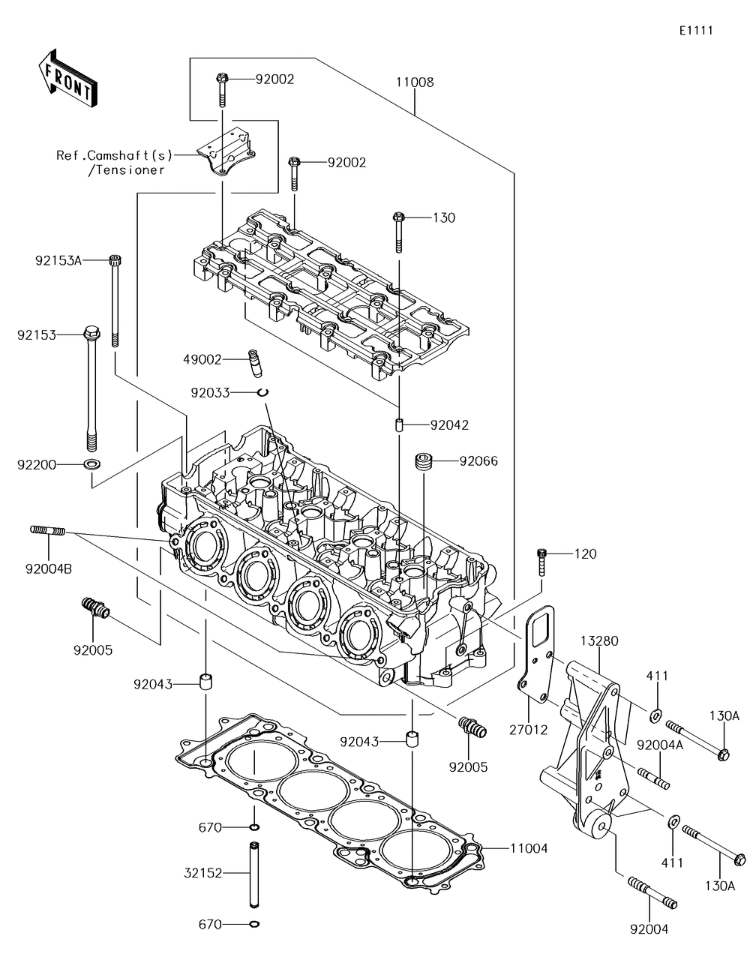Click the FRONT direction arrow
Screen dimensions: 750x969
(x=67, y=79)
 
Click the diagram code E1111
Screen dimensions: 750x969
(x=696, y=30)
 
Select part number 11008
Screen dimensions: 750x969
(x=415, y=82)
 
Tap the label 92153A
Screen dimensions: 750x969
(x=58, y=260)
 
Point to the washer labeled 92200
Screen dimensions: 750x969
(x=91, y=464)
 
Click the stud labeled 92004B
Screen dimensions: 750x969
(x=48, y=531)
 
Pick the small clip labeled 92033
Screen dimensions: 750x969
(x=262, y=392)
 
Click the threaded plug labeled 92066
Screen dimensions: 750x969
(x=424, y=461)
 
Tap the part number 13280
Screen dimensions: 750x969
(x=599, y=640)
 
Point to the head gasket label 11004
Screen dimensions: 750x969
(x=529, y=848)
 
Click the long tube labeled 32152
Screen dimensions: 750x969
(x=253, y=874)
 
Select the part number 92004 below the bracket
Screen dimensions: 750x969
(x=649, y=929)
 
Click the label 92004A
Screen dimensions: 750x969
(x=660, y=745)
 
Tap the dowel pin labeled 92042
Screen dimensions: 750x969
(x=399, y=424)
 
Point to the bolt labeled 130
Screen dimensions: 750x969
(x=398, y=232)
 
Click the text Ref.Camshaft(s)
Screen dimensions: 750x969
(x=114, y=155)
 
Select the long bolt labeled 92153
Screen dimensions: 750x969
(x=91, y=388)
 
